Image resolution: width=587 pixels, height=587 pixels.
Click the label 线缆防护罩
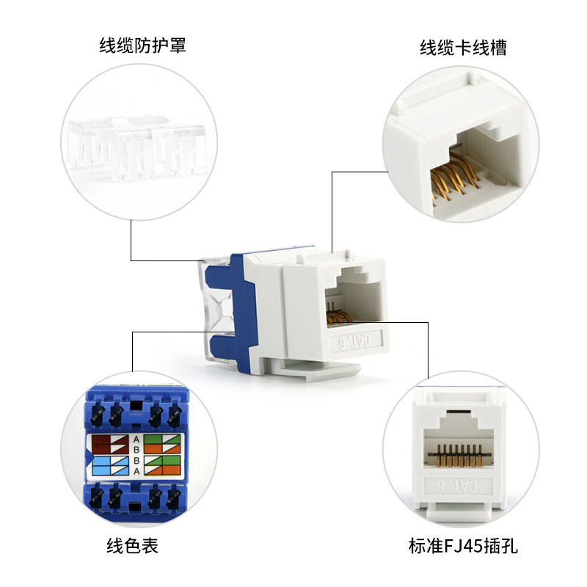pos(142,45)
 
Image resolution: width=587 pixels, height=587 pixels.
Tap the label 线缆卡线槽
pos(463,48)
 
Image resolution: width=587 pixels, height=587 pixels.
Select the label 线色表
pos(132,545)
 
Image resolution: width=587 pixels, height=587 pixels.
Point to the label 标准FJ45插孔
pos(463,546)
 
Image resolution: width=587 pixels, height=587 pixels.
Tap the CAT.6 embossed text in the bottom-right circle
pos(457,486)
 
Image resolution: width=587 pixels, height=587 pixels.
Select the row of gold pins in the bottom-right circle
pos(460,455)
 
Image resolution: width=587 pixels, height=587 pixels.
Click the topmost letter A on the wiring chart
pos(136,439)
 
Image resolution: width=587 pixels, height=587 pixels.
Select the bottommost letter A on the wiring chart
pos(136,471)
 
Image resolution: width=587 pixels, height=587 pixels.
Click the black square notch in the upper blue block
pos(135,406)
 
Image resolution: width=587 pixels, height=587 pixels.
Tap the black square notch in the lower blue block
pos(134,508)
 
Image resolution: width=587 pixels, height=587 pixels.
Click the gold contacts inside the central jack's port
pos(339,317)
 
